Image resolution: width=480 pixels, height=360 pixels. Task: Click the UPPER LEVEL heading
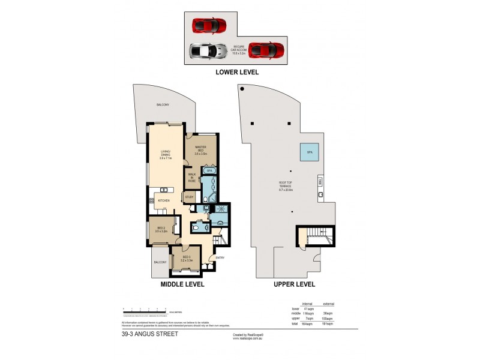[x=294, y=284]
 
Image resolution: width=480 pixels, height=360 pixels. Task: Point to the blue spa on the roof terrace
[x=310, y=152]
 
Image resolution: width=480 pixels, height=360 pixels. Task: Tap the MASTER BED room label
[x=200, y=152]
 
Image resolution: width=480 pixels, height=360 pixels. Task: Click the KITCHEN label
[x=164, y=200]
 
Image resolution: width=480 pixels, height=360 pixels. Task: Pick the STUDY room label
[x=188, y=197]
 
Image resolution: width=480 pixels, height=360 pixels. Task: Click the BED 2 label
[x=161, y=229]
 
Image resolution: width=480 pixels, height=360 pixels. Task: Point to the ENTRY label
[x=211, y=259]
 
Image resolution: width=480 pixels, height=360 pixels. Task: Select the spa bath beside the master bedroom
[x=209, y=170]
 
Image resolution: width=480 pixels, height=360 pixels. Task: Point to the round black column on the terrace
[x=242, y=89]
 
